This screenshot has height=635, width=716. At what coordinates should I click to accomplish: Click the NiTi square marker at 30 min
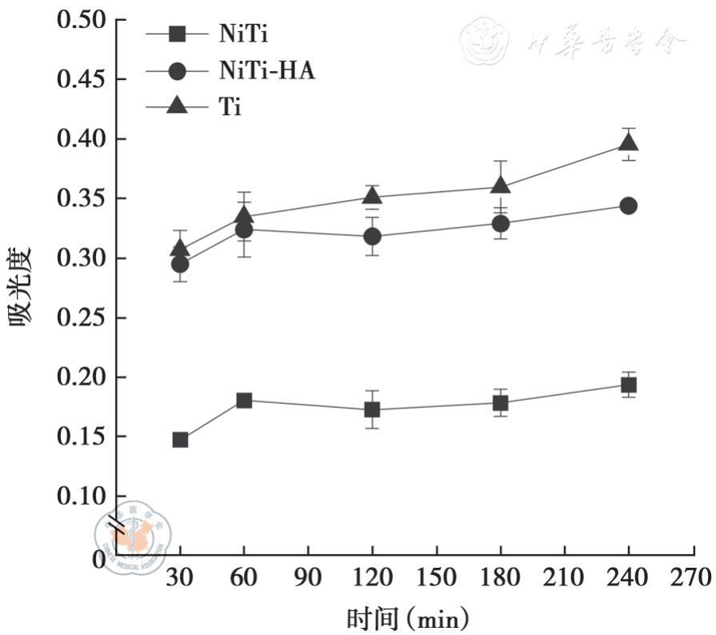180,440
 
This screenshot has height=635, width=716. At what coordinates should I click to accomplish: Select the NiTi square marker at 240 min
629,385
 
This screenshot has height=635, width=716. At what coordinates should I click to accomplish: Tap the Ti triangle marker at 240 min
629,142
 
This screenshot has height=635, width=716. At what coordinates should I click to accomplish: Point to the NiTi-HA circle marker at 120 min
372,237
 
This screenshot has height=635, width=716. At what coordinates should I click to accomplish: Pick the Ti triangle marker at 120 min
372,196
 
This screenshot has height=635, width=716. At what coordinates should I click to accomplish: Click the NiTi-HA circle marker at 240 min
629,206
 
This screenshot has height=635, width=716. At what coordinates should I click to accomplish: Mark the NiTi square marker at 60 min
244,400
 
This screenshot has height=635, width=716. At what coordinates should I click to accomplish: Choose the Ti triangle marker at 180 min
501,186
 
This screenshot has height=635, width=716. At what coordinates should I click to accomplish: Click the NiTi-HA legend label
267,70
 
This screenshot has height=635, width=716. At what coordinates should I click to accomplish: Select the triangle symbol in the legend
178,106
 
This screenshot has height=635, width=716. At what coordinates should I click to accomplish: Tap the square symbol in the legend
178,34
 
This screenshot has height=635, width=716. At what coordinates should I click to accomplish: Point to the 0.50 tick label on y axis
82,20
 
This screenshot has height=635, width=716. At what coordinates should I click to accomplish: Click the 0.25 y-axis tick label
82,318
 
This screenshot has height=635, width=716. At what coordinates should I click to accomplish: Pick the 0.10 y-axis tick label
82,497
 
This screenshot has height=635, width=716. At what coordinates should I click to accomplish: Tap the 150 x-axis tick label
437,577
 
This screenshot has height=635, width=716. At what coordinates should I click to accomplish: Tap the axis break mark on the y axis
117,525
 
